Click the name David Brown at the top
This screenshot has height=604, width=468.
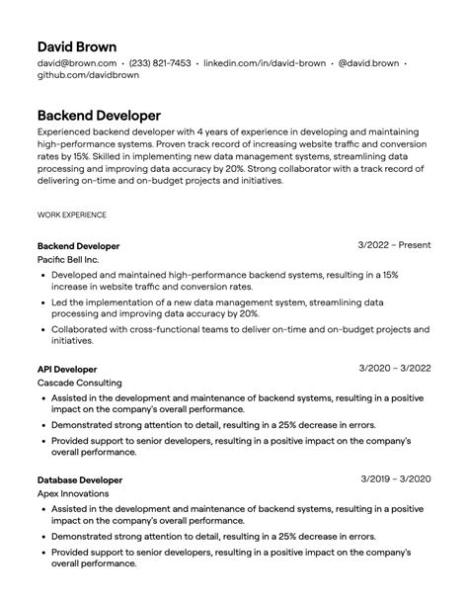click(x=77, y=46)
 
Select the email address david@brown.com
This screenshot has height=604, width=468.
click(x=74, y=63)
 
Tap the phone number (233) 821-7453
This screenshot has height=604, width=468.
click(x=160, y=63)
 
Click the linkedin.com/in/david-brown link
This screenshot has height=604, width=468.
click(x=264, y=63)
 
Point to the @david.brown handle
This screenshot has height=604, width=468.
click(x=368, y=63)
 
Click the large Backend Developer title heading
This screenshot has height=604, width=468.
click(x=99, y=115)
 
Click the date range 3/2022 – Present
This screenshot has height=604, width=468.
click(x=394, y=245)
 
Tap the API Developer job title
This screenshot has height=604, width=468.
click(x=67, y=369)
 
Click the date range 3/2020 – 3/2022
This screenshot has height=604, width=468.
click(x=396, y=369)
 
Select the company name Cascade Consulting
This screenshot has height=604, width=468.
click(x=80, y=383)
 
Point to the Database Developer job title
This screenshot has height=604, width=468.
click(x=80, y=479)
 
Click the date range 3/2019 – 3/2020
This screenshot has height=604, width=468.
click(x=396, y=479)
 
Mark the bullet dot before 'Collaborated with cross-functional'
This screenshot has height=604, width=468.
click(x=43, y=329)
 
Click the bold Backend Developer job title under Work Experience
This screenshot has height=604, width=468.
click(x=78, y=245)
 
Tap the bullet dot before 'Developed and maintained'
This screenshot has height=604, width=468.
click(x=43, y=274)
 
